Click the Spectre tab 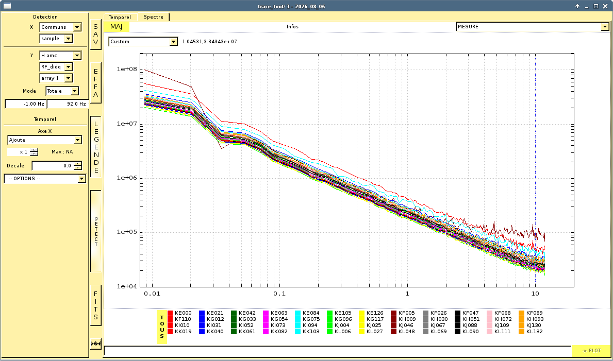pos(153,17)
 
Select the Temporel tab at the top pos(120,17)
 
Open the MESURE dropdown pos(533,27)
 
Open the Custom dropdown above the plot pos(143,41)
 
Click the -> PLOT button pos(591,351)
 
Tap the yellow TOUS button pos(162,327)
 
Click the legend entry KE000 pos(180,313)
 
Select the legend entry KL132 pos(531,332)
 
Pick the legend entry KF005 pos(403,313)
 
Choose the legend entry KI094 pos(307,325)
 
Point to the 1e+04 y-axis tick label pos(127,286)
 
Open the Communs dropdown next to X pos(61,27)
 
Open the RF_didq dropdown pos(56,67)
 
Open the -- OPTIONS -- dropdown pos(45,179)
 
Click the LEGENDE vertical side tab pos(96,147)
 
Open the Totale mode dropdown pos(62,91)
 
